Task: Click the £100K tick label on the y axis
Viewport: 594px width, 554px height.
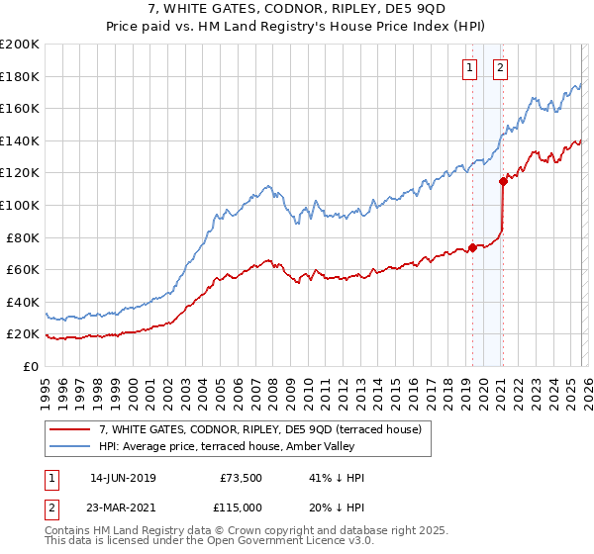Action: (20, 205)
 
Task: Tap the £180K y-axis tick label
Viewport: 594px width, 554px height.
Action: (20, 76)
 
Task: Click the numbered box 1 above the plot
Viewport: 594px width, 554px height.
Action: (468, 68)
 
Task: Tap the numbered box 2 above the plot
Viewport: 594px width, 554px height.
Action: (500, 68)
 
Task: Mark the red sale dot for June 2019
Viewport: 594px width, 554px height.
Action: (472, 247)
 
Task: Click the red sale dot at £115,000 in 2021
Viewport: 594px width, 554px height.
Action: (503, 180)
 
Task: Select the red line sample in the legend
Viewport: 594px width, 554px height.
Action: (71, 429)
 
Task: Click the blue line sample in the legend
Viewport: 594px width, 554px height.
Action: (71, 446)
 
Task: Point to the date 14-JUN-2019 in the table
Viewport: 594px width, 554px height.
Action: (122, 478)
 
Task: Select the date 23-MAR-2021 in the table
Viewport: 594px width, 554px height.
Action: (122, 508)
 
